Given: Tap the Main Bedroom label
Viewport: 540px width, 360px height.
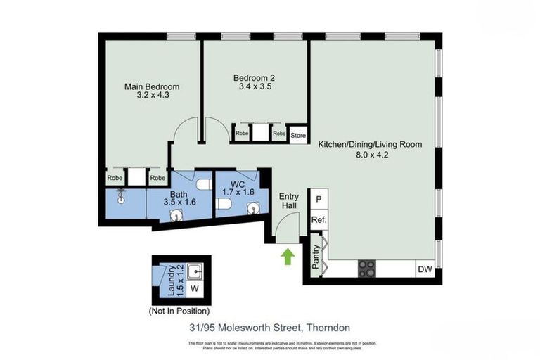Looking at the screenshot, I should (147, 86).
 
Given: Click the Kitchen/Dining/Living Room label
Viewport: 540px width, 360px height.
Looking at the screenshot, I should (370, 144).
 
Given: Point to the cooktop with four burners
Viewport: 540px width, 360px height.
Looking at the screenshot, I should (368, 269).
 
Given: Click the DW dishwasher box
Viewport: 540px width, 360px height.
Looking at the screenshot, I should (424, 269).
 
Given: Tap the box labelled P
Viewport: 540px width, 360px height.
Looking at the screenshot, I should (319, 199).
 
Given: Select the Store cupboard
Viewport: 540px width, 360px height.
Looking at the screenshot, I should (298, 134).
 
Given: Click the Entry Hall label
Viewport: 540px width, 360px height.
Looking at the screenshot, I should (289, 200).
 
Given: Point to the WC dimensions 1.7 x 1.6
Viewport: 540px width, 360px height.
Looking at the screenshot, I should (238, 191).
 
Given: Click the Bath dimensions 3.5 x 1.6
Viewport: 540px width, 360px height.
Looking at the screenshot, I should (178, 202).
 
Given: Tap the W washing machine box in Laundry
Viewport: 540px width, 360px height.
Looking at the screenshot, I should (195, 288).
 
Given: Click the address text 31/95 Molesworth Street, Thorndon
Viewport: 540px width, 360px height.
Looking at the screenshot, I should (269, 328).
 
